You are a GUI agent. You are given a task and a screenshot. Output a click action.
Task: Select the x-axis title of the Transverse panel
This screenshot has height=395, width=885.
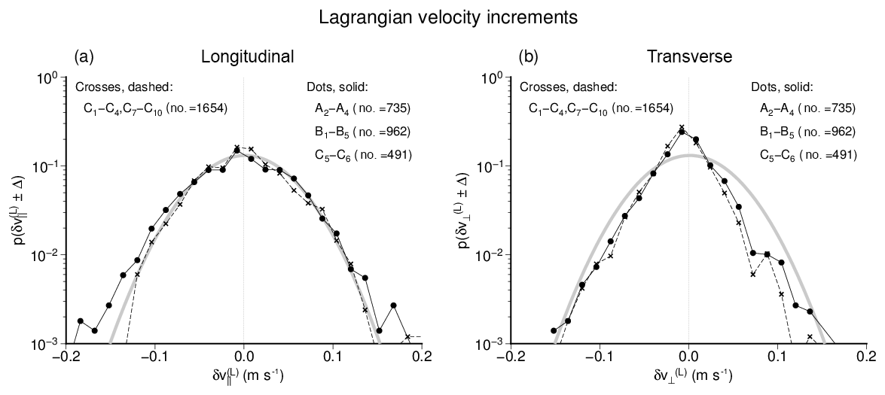689,373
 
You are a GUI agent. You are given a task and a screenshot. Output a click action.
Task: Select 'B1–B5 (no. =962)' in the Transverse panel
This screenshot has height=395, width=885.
807,132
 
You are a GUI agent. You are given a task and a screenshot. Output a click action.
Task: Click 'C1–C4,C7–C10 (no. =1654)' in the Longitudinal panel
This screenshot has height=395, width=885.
156,110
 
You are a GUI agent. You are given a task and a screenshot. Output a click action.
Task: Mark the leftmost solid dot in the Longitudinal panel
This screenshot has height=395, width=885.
80,321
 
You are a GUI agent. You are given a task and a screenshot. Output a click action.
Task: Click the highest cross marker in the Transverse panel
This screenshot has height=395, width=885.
682,128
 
